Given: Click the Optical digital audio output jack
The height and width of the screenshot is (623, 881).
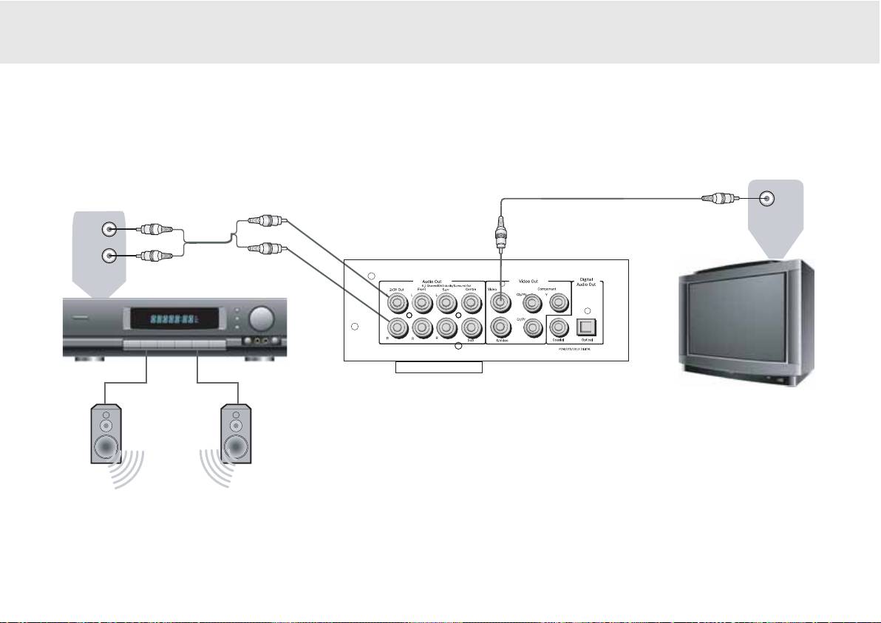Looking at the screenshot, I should click(587, 326).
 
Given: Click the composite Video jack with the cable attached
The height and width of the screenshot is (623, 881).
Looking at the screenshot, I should click(502, 302).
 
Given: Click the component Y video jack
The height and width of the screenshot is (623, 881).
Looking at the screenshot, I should click(559, 302).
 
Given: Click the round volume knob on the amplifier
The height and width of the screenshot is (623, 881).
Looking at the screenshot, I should click(259, 319).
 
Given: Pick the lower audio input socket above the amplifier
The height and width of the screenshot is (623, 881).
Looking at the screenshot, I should click(109, 256).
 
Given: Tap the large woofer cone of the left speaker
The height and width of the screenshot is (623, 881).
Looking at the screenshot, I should click(106, 447).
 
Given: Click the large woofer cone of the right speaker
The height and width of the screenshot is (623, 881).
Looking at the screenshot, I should click(237, 447).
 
